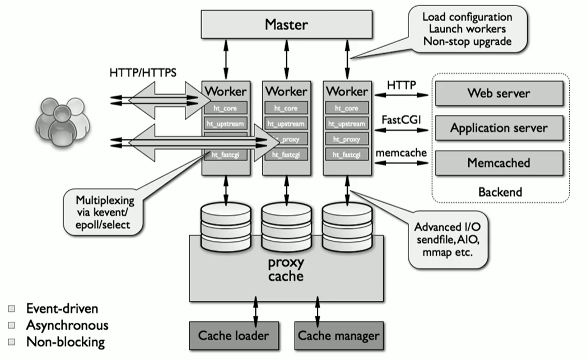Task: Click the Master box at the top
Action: pyautogui.click(x=286, y=25)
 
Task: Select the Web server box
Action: pyautogui.click(x=499, y=93)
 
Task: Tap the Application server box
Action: pyautogui.click(x=499, y=128)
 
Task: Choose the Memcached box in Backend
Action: pyautogui.click(x=499, y=163)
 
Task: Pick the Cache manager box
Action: pyautogui.click(x=338, y=336)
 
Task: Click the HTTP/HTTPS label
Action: pyautogui.click(x=143, y=73)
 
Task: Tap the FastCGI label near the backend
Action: pyautogui.click(x=401, y=120)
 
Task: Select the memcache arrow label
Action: pyautogui.click(x=401, y=152)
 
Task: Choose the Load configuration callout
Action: pyautogui.click(x=474, y=29)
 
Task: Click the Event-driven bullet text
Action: pyautogui.click(x=62, y=308)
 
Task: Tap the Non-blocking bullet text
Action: pyautogui.click(x=65, y=342)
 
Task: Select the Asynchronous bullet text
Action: pyautogui.click(x=67, y=325)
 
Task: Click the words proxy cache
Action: pyautogui.click(x=285, y=270)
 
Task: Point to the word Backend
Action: pyautogui.click(x=500, y=191)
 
